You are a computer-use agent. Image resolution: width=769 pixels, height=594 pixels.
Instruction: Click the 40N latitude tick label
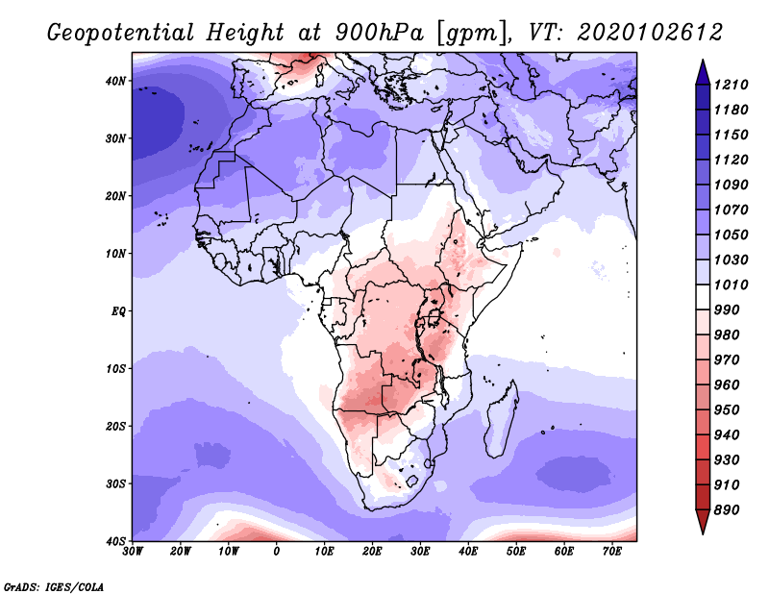tap(115, 81)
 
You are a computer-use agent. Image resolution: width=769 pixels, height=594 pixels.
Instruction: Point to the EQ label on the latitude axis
tap(118, 311)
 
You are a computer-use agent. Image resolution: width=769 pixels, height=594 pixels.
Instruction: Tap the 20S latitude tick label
tap(115, 426)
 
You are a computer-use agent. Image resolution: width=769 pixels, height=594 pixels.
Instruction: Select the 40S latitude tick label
tap(115, 541)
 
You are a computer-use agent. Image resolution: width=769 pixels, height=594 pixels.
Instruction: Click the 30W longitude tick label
tap(133, 552)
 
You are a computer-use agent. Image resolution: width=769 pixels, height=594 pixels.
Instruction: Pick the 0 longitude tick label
tap(277, 552)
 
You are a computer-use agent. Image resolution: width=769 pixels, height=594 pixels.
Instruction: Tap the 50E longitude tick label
tap(516, 552)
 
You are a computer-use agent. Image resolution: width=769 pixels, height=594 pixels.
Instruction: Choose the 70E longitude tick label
tap(612, 552)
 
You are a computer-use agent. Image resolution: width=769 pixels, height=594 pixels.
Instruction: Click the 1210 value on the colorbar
tap(731, 85)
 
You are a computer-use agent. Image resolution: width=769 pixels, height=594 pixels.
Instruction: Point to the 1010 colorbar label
tap(731, 285)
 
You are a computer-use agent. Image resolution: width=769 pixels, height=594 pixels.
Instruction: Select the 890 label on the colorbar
tap(727, 510)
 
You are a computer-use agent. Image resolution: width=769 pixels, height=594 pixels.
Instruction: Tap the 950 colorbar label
tap(727, 410)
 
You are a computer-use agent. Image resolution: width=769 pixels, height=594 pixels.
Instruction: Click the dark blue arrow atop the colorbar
tap(703, 73)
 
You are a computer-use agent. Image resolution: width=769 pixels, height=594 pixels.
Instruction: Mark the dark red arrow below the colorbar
tap(703, 521)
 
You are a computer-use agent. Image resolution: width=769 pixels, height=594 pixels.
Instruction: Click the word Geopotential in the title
tap(121, 33)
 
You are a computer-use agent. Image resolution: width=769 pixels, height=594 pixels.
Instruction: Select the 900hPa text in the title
tap(380, 33)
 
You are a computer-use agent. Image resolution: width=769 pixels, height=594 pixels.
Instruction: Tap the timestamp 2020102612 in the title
tap(650, 33)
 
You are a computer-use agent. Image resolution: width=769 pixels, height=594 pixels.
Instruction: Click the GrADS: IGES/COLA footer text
tap(54, 586)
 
